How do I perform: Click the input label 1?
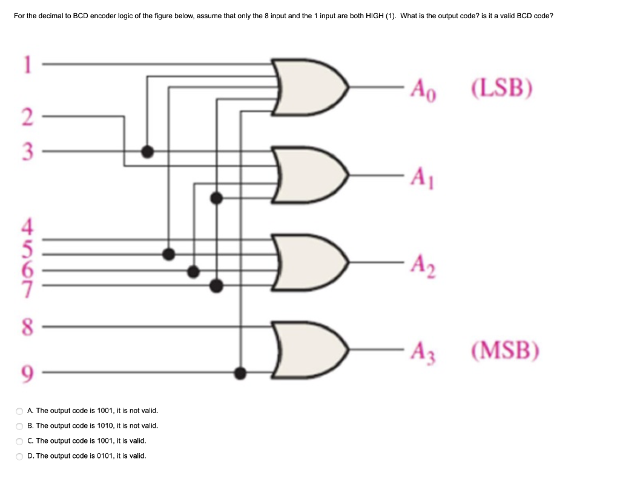click(26, 63)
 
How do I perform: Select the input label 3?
click(26, 151)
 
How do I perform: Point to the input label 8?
click(26, 327)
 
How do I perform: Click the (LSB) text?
click(502, 88)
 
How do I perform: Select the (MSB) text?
click(503, 349)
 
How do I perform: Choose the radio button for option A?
click(20, 411)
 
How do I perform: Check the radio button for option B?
click(20, 426)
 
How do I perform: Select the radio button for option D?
click(20, 456)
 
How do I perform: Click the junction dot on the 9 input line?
click(240, 373)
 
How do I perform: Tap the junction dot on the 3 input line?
click(147, 151)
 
